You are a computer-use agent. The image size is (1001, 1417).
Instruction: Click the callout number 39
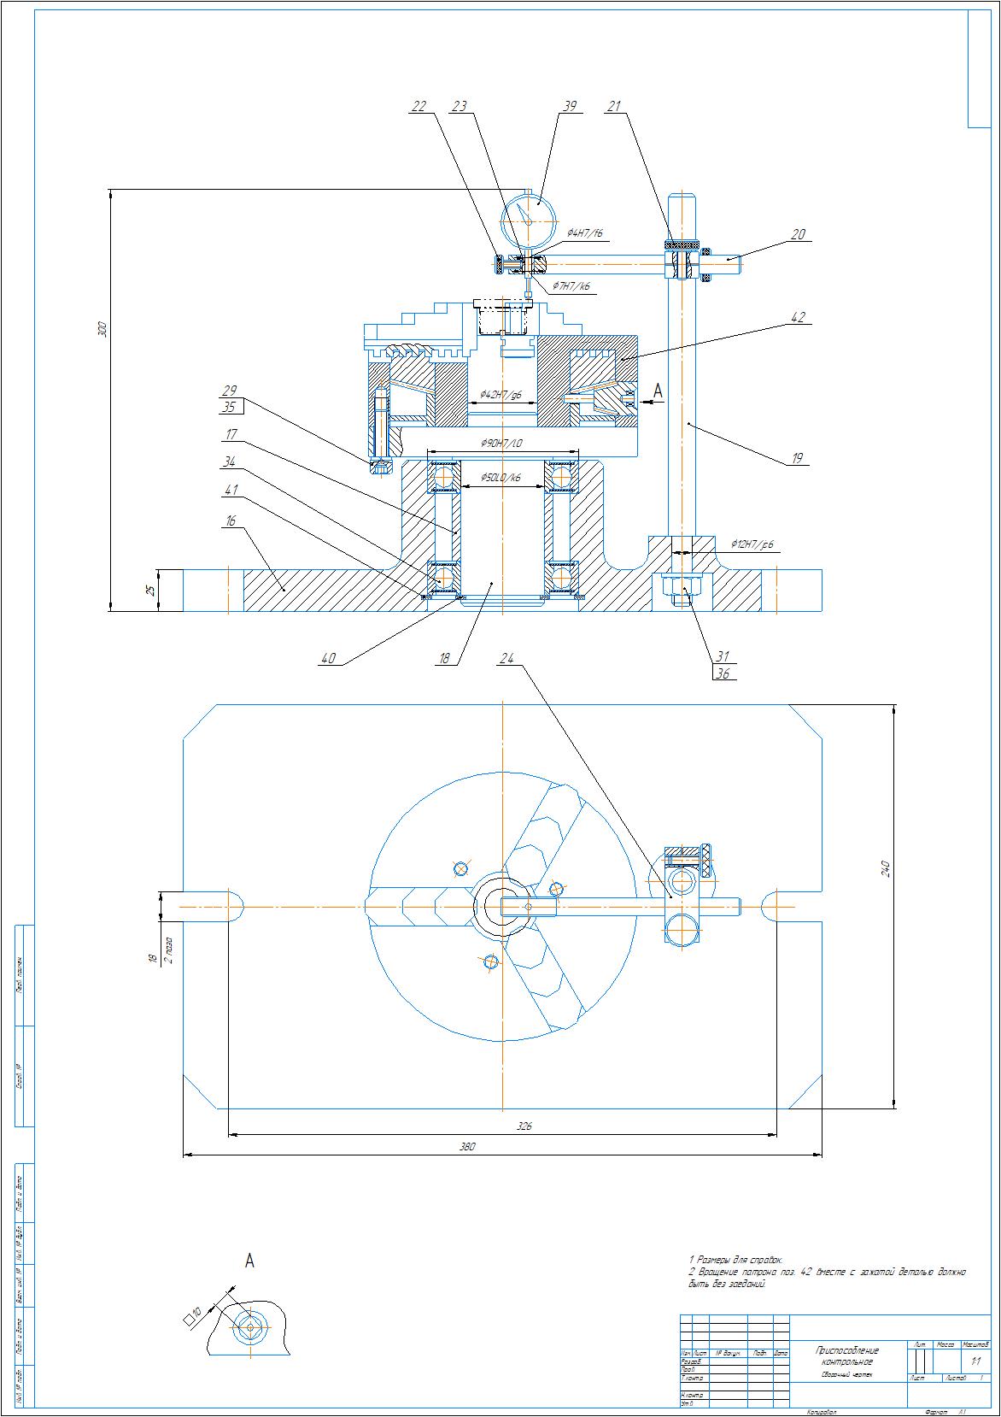(x=570, y=106)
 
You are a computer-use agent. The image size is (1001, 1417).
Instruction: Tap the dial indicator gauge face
(x=530, y=220)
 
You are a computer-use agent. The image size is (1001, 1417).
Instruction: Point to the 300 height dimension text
(x=102, y=329)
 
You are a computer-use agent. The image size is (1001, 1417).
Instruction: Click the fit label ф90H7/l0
(x=502, y=444)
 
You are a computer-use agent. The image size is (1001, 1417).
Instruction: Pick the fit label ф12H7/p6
(x=752, y=544)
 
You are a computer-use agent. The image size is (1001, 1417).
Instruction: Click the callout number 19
(x=798, y=458)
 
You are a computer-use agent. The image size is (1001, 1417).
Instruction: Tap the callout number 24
(x=507, y=658)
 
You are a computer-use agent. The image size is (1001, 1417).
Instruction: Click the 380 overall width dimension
(x=467, y=1146)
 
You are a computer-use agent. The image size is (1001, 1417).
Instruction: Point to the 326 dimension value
(x=524, y=1126)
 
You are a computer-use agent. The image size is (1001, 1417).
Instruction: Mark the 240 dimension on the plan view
(x=886, y=868)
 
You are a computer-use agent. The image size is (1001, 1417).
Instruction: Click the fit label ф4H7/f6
(x=585, y=233)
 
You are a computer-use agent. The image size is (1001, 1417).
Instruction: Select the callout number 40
(x=328, y=658)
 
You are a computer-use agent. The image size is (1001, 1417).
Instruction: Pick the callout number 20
(x=798, y=233)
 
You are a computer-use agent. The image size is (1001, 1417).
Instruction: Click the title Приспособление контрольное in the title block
(x=847, y=1355)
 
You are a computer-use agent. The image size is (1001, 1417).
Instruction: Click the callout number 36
(x=723, y=673)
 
